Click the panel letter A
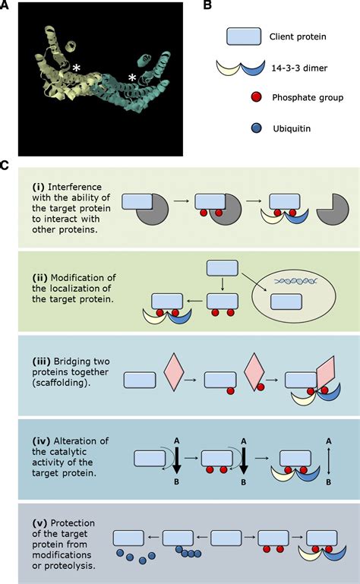4,5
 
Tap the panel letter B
207,5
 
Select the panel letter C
4,165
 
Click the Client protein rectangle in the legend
244,36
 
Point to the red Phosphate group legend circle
257,97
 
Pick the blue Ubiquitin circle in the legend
257,128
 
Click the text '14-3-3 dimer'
299,68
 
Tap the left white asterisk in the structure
77,68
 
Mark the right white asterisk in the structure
132,78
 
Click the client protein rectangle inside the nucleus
286,301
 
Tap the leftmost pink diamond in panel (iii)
174,372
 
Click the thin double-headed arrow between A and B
328,462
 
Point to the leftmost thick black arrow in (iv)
176,462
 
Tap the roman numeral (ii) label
40,278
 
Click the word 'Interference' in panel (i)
74,187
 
